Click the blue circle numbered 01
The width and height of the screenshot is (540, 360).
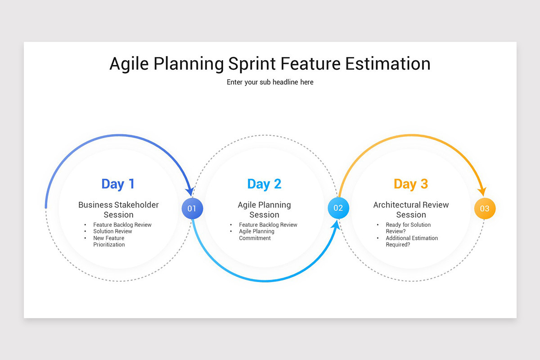(x=192, y=208)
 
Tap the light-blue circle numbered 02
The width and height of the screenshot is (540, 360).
(x=338, y=208)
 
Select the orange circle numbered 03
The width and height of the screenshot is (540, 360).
(x=485, y=209)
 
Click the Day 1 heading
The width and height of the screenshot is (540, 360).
(x=118, y=184)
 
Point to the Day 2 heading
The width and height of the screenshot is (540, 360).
(x=264, y=184)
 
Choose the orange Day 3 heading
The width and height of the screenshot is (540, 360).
(x=411, y=184)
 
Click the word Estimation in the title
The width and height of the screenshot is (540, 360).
(x=388, y=63)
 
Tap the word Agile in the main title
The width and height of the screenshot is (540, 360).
(x=129, y=63)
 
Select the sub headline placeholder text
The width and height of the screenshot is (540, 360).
(x=270, y=82)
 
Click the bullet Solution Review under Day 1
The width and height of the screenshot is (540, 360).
(x=112, y=231)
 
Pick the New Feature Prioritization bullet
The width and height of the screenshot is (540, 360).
(x=109, y=241)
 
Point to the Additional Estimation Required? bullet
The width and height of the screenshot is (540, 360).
(x=411, y=241)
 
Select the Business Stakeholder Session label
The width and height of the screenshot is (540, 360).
(x=118, y=210)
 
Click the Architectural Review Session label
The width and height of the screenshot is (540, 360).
(x=411, y=210)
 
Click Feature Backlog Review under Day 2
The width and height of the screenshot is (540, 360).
(x=268, y=225)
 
